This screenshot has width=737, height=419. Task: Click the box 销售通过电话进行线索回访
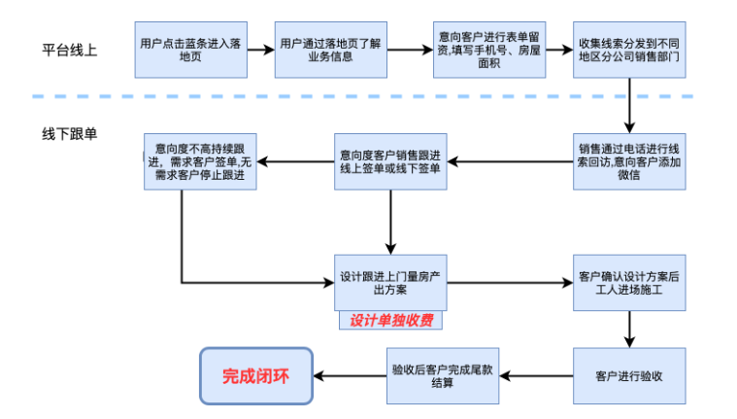[628, 161]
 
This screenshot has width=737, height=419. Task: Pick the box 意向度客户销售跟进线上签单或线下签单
[390, 161]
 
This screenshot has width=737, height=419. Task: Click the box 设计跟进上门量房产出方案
[390, 283]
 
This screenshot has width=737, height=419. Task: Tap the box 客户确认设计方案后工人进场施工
[628, 283]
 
